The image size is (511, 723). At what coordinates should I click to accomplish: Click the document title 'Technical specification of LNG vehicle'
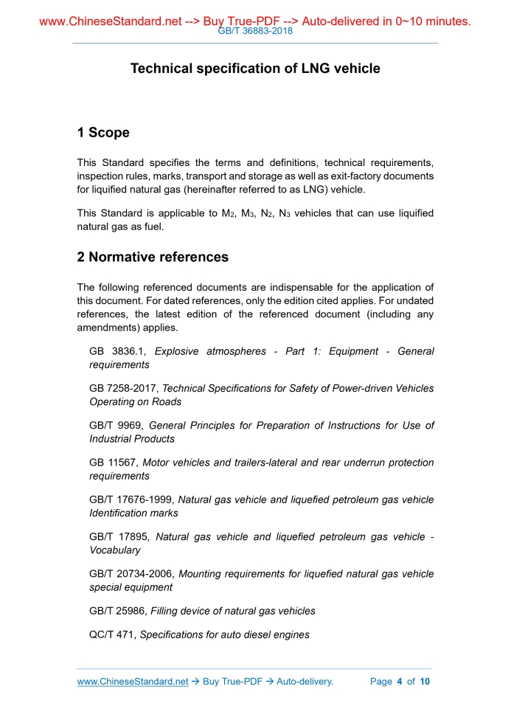coord(255,69)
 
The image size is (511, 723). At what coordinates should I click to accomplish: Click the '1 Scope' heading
coord(103,133)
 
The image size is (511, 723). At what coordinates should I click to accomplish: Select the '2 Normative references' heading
coord(153,257)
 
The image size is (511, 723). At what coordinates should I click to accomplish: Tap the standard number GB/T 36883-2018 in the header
coord(256,32)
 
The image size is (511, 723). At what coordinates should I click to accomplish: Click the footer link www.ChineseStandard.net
coord(133,681)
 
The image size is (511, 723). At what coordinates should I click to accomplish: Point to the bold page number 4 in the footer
coord(399,681)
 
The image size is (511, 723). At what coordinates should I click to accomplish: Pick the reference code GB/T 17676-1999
coord(131,499)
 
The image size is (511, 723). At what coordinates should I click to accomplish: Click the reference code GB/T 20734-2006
coord(131,573)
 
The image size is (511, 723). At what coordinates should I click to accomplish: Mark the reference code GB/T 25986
coord(118,610)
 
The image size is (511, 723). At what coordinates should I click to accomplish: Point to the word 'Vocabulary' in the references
coord(113,550)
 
